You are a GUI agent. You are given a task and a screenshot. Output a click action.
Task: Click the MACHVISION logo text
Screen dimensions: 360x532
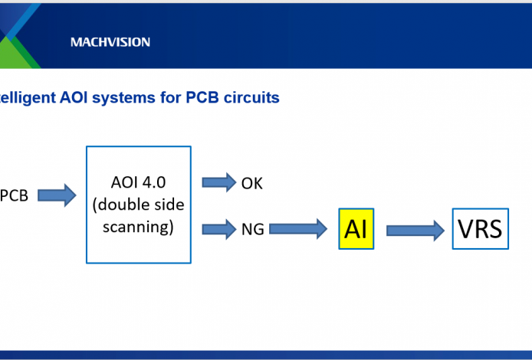tap(110, 42)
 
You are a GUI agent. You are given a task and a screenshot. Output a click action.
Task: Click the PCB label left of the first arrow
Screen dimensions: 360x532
tap(15, 195)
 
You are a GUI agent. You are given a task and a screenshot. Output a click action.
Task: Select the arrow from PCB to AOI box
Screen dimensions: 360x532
tap(57, 195)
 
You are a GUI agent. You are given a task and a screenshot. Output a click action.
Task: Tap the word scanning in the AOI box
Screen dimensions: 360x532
tap(138, 227)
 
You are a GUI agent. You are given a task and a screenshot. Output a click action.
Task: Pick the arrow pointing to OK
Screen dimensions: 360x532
tap(219, 182)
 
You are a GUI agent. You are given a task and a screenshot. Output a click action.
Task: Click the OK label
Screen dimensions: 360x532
tap(252, 183)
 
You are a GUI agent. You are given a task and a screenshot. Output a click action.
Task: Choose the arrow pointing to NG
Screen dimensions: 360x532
tap(219, 227)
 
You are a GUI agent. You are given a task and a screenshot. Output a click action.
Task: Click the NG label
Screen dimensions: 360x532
tap(252, 228)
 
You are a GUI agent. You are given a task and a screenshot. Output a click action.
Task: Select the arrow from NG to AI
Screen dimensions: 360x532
tap(298, 228)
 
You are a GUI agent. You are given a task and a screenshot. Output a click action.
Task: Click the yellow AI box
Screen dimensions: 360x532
tap(356, 227)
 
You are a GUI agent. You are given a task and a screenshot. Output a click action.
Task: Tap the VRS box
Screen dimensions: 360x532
tap(480, 227)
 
